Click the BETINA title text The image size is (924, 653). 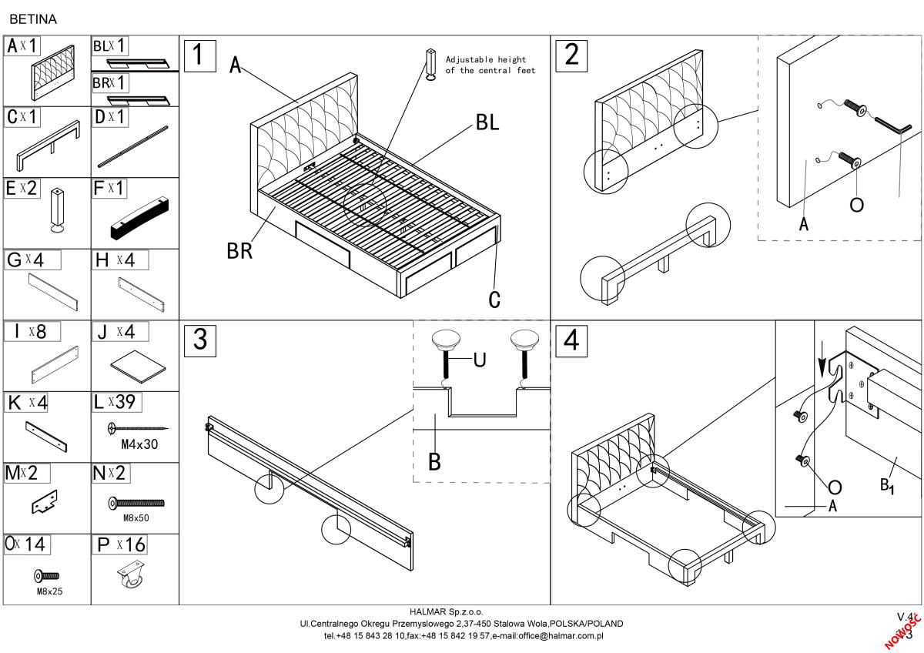click(x=32, y=16)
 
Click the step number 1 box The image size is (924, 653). click(x=199, y=55)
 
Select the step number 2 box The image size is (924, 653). click(x=571, y=55)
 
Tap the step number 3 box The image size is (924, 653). click(x=200, y=340)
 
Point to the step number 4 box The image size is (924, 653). click(x=571, y=340)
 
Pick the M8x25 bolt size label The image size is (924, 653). click(x=49, y=591)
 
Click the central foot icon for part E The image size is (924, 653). click(x=57, y=209)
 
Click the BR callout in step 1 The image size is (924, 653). click(x=239, y=251)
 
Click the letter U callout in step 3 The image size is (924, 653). click(x=479, y=360)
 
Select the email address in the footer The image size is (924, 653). click(x=554, y=636)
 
